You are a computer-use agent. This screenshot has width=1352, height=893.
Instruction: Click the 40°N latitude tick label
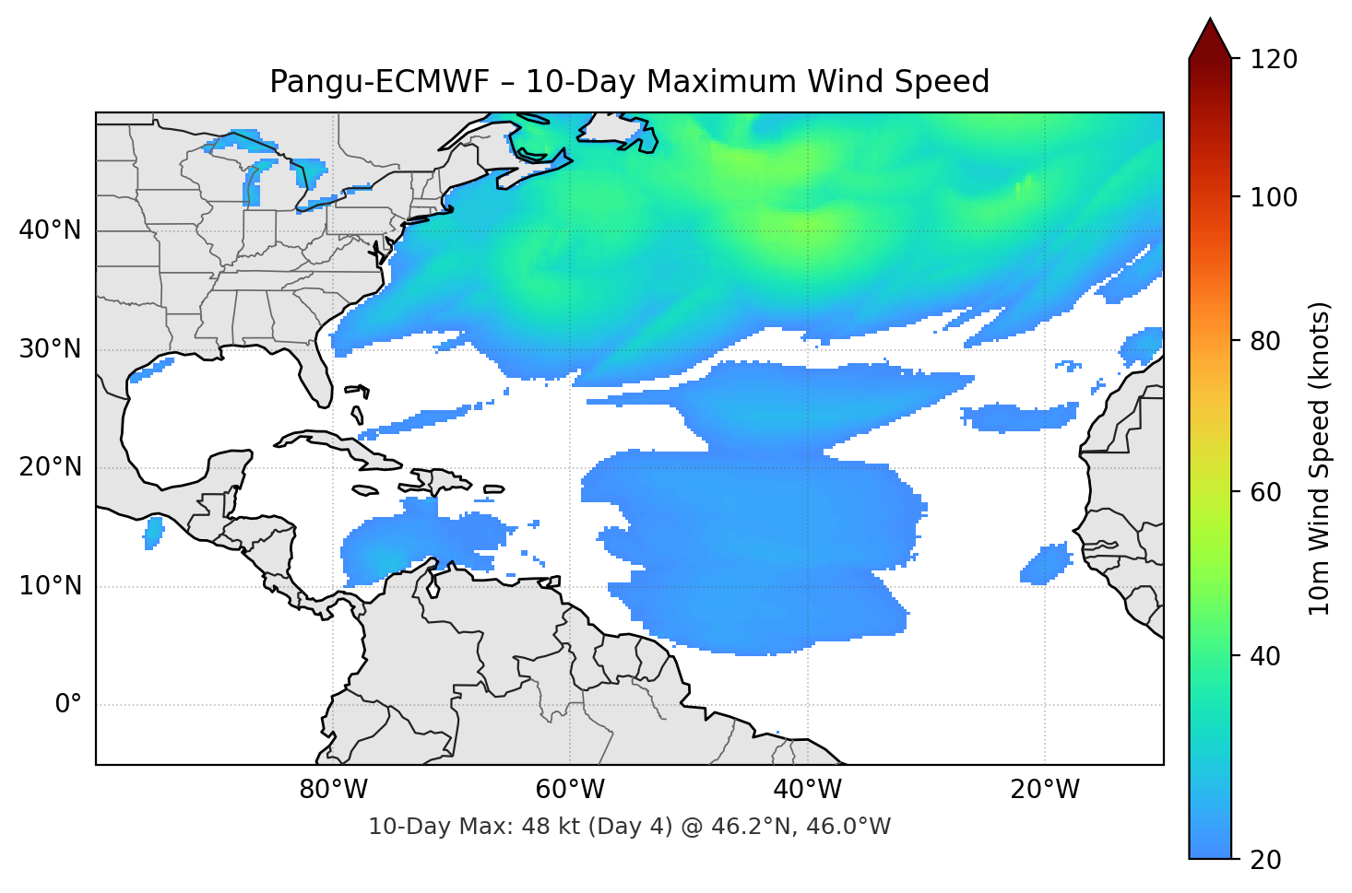pos(50,230)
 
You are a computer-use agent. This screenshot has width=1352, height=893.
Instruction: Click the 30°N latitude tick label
pos(50,349)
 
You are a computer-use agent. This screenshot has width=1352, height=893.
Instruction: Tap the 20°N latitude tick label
pos(50,467)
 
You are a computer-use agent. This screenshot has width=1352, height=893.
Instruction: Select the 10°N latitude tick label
pos(50,586)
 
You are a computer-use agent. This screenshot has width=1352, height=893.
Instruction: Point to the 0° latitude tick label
pos(68,705)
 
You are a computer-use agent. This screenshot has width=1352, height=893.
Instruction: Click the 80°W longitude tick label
pos(333,790)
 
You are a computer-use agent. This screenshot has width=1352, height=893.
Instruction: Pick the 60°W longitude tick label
pos(570,790)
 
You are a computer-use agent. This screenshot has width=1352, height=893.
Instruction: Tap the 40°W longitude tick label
pos(807,790)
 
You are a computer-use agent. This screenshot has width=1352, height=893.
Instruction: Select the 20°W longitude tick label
pos(1045,790)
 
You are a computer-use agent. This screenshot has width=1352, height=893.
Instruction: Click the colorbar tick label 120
pos(1274,60)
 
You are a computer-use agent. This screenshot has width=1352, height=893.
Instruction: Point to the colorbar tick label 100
pos(1274,197)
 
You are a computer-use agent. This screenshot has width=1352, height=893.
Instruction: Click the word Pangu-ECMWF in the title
pos(379,82)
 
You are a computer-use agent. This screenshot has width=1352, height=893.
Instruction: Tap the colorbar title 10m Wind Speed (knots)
pos(1320,458)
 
